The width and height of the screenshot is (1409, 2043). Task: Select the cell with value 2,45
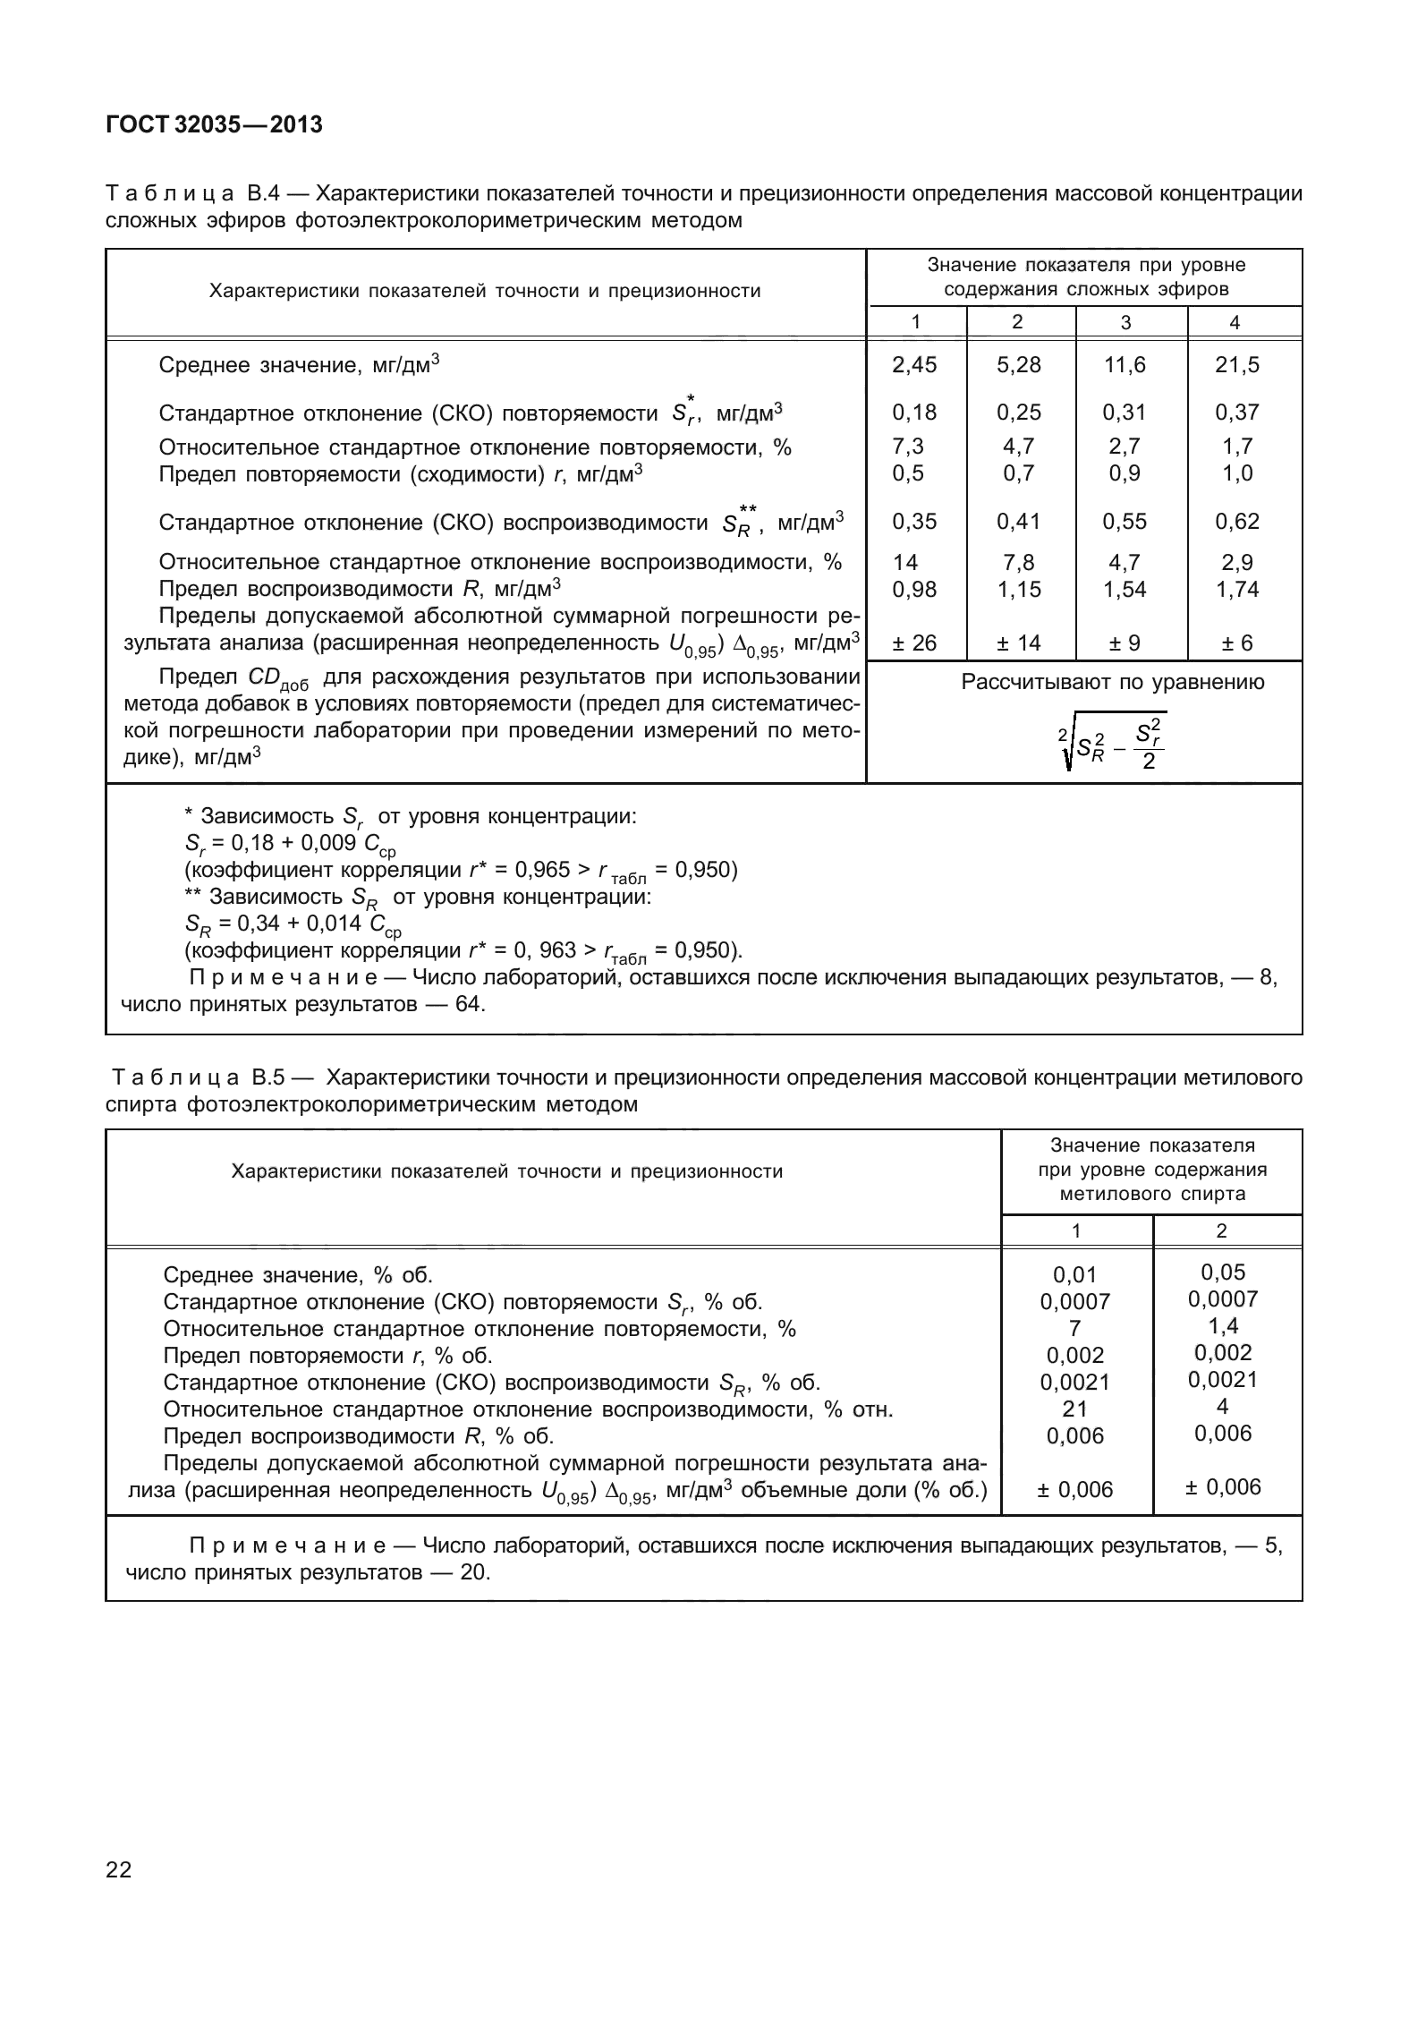pos(914,364)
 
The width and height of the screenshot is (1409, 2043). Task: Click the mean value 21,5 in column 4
pos(1236,364)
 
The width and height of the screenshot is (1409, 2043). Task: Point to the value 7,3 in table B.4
pos(908,446)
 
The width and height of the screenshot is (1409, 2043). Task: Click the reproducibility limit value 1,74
pos(1236,589)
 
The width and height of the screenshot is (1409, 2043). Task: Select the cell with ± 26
pos(914,643)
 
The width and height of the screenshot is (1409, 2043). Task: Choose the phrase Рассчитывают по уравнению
pos(1112,683)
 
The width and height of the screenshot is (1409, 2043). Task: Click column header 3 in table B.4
pos(1125,323)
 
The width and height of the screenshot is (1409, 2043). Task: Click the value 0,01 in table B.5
pos(1074,1274)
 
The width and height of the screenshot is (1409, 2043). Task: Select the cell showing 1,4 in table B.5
pos(1223,1325)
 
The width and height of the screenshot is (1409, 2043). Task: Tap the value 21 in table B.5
pos(1074,1409)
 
